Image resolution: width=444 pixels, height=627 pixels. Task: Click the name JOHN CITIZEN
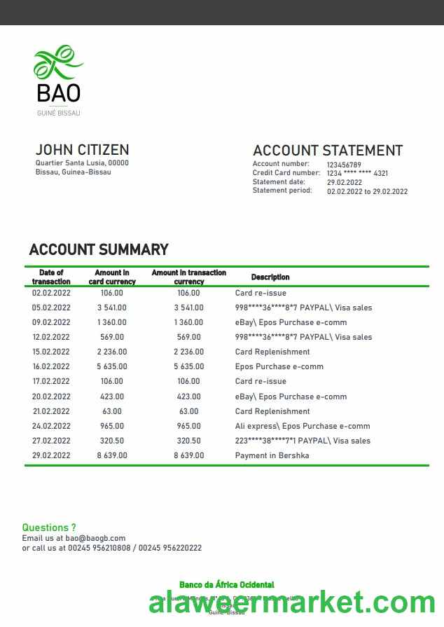click(x=82, y=150)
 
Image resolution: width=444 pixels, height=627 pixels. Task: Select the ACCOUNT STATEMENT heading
click(x=327, y=151)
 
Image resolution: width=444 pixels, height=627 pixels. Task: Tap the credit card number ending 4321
click(x=357, y=174)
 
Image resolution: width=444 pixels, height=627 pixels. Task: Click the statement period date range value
click(x=367, y=191)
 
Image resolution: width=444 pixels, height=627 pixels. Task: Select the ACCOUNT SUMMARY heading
click(x=99, y=249)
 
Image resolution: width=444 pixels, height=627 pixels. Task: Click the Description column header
click(x=270, y=277)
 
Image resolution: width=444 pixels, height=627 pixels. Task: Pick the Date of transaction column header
click(x=51, y=277)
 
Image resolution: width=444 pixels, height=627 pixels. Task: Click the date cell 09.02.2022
click(x=51, y=322)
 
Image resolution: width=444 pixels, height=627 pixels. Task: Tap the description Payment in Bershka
click(x=272, y=455)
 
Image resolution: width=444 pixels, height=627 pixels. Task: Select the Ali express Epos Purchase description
click(x=303, y=426)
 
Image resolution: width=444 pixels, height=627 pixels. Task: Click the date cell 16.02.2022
click(x=51, y=366)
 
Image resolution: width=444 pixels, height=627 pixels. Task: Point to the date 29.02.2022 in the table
click(x=51, y=455)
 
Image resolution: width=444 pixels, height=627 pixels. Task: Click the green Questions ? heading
click(x=49, y=528)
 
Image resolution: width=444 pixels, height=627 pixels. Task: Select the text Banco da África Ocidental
click(x=227, y=585)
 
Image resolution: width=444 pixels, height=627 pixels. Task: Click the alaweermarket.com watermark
click(x=292, y=602)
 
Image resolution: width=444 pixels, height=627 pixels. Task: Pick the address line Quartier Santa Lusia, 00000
click(x=82, y=163)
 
